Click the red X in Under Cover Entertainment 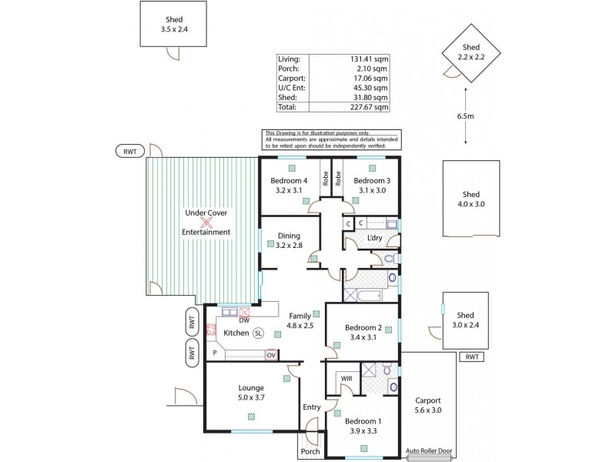click(206, 222)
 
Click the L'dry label click(374, 238)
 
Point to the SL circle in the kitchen click(258, 333)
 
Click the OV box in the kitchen click(271, 355)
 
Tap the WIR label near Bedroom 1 click(346, 378)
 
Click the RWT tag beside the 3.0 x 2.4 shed click(472, 357)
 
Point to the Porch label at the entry click(310, 451)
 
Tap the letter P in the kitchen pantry click(214, 353)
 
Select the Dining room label click(288, 236)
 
